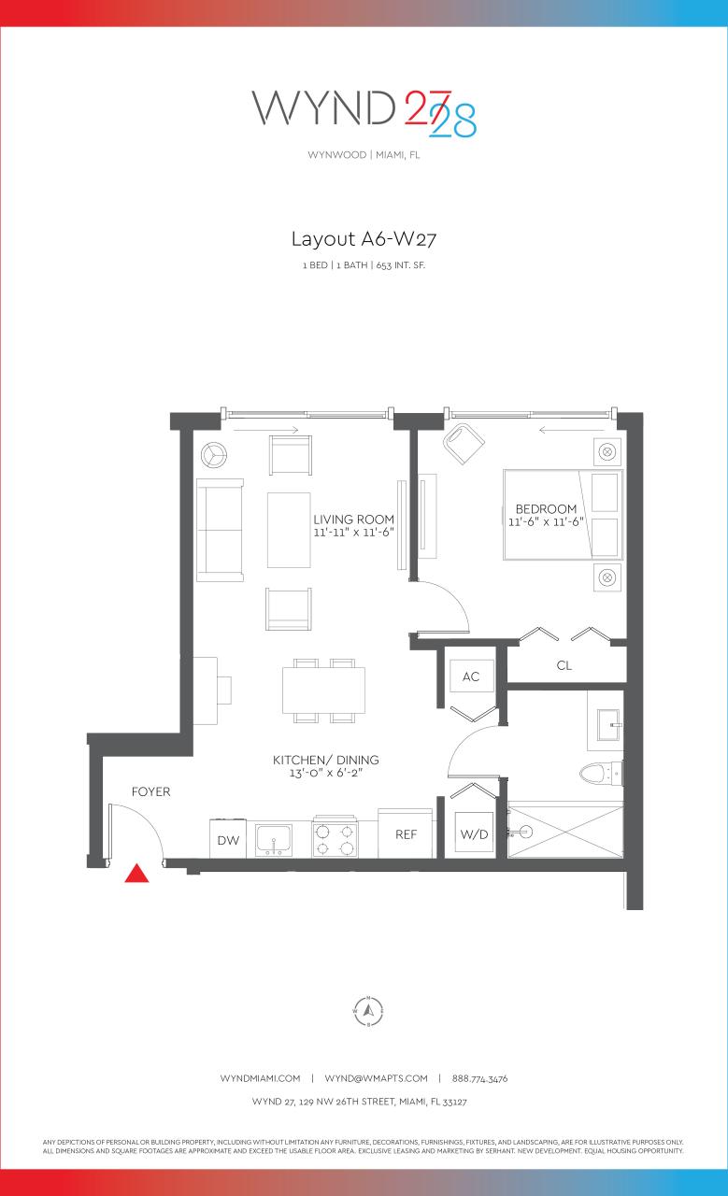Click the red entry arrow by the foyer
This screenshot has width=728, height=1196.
(137, 874)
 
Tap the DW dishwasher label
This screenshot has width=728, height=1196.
(228, 840)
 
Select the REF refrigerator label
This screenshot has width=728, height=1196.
(406, 834)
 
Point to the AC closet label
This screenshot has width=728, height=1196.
(471, 676)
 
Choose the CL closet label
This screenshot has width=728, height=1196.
(564, 666)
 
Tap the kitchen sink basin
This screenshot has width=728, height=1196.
(273, 839)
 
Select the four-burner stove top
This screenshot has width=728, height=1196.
(335, 837)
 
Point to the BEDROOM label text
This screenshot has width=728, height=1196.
(546, 508)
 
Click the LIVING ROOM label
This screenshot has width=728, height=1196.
(353, 520)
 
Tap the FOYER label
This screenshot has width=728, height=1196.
(150, 791)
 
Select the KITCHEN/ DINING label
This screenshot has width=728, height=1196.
(325, 760)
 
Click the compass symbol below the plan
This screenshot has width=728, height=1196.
(369, 1010)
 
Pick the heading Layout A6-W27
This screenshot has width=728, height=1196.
(364, 239)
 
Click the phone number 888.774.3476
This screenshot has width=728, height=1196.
(478, 1078)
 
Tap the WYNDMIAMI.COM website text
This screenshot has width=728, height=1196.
(260, 1078)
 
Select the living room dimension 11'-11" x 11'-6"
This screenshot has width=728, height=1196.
(354, 533)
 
